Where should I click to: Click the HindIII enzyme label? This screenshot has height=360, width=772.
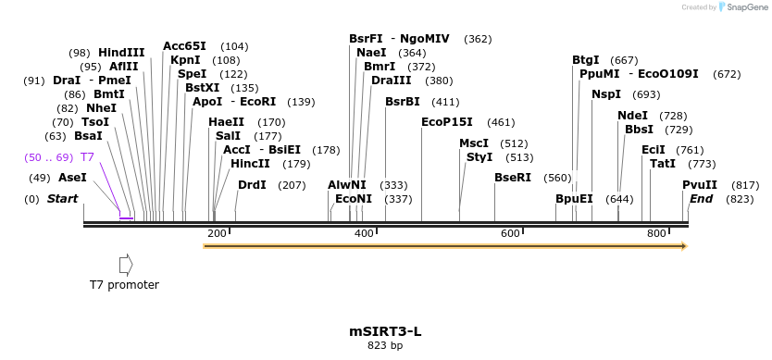click(121, 53)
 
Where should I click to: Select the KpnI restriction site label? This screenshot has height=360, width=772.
click(185, 60)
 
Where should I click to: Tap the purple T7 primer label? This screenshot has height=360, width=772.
click(88, 157)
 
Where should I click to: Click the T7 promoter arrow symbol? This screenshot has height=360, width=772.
click(126, 266)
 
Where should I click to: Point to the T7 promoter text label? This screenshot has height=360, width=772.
click(124, 285)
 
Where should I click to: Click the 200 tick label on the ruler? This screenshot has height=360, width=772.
click(218, 233)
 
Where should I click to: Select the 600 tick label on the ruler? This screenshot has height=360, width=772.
click(510, 233)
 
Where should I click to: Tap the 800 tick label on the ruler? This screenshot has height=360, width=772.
click(656, 233)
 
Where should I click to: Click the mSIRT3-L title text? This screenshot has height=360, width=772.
click(385, 330)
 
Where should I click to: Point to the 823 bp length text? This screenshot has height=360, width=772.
click(385, 346)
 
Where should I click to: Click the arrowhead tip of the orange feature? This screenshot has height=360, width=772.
click(685, 246)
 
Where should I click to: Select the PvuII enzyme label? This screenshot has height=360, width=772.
click(700, 185)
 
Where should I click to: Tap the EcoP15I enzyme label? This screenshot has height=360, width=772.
click(447, 122)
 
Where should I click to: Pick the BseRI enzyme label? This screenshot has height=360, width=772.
click(513, 178)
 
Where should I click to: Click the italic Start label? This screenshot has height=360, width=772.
click(62, 199)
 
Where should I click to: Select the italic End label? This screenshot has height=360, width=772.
click(702, 199)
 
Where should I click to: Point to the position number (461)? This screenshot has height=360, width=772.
click(501, 122)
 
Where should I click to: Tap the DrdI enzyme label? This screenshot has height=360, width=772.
click(252, 185)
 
